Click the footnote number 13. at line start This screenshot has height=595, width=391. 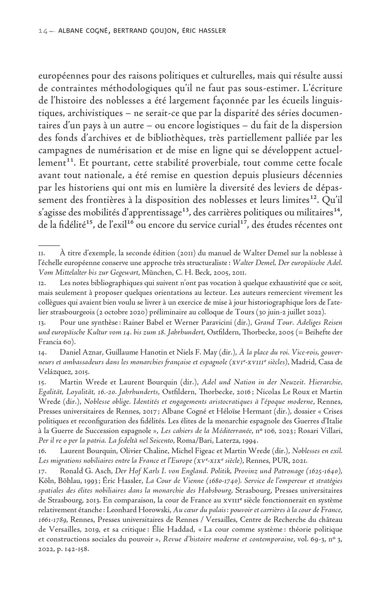click(x=42, y=323)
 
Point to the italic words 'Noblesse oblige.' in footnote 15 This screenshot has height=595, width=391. click(x=105, y=402)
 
